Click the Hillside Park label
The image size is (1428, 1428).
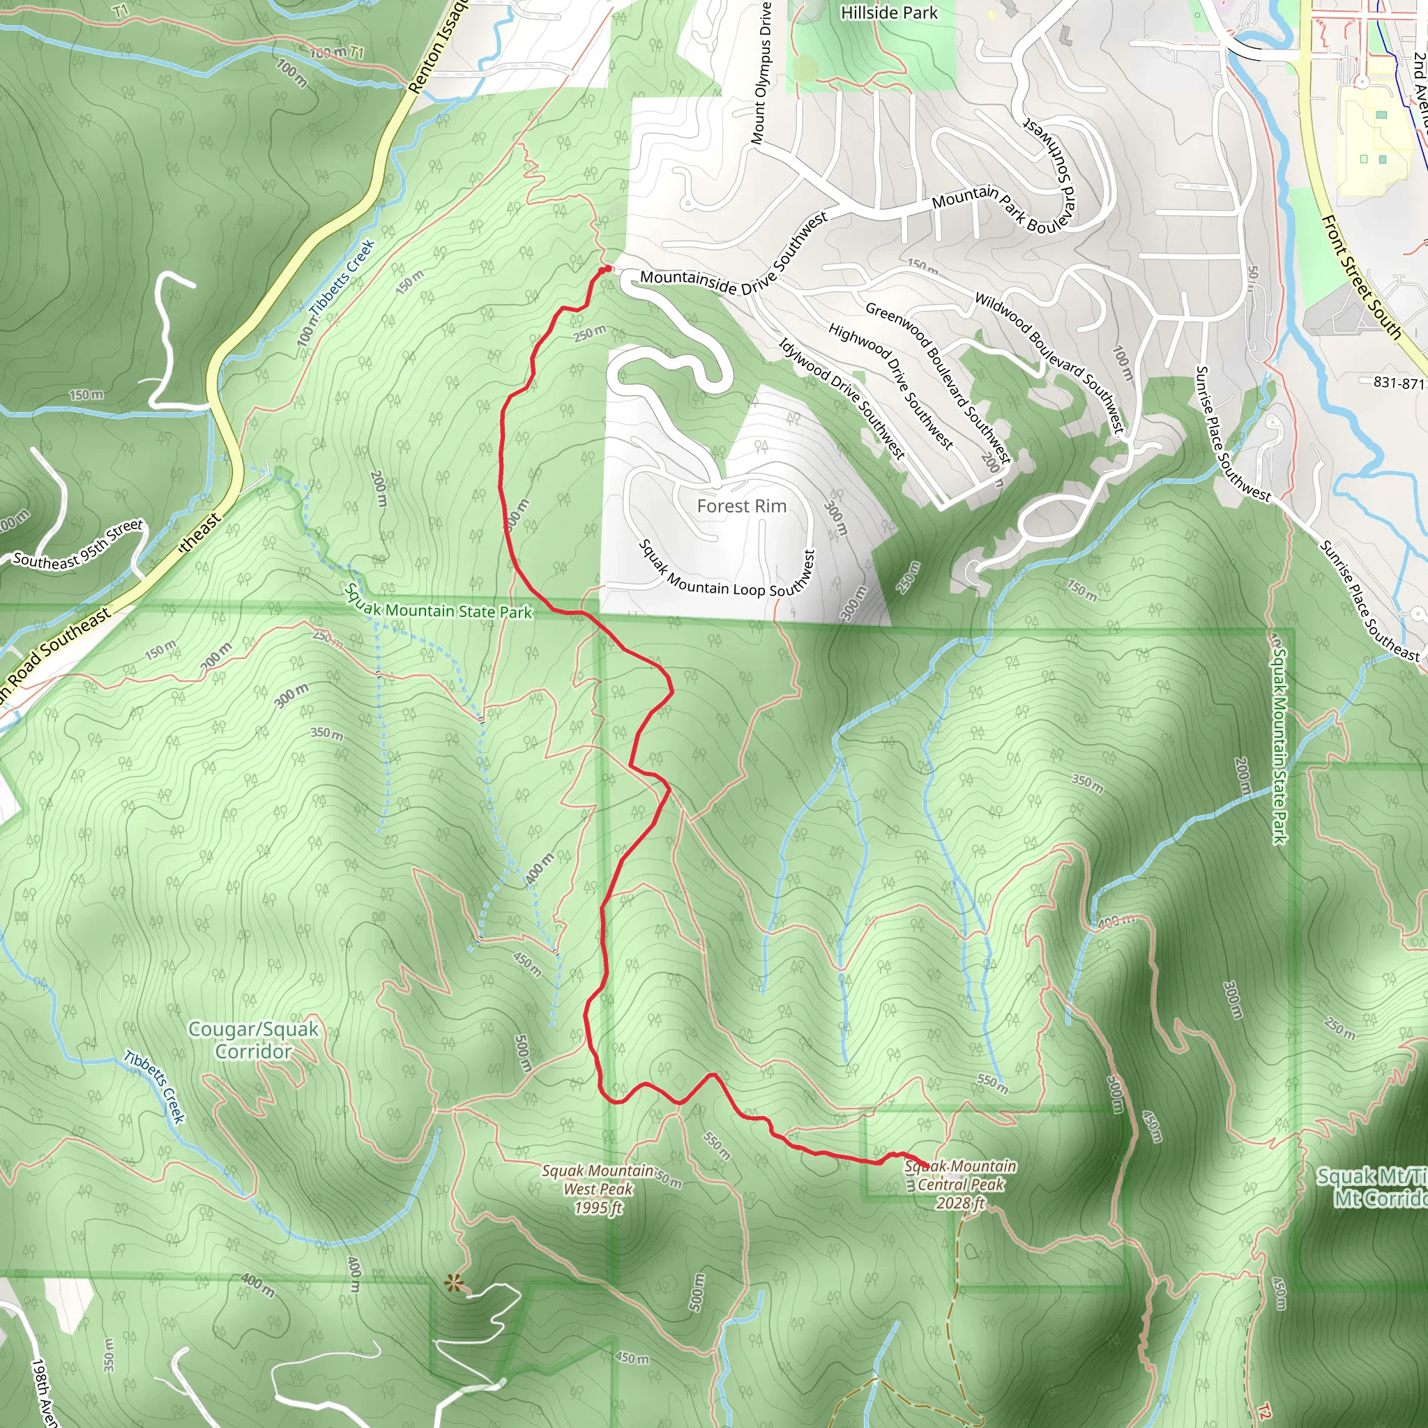[x=888, y=13]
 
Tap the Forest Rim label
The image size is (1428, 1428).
[x=741, y=506]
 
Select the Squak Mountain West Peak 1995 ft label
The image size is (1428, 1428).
[x=598, y=1190]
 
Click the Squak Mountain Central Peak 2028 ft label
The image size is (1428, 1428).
[x=960, y=1184]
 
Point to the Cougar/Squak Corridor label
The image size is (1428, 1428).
[x=254, y=1039]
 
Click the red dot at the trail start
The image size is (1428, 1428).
[x=606, y=269]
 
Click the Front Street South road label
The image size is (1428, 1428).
[x=1361, y=276]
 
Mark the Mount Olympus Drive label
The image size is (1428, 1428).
[x=761, y=72]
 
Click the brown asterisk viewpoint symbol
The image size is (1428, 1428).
[x=454, y=1284]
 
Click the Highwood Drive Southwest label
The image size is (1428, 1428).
[x=890, y=386]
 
